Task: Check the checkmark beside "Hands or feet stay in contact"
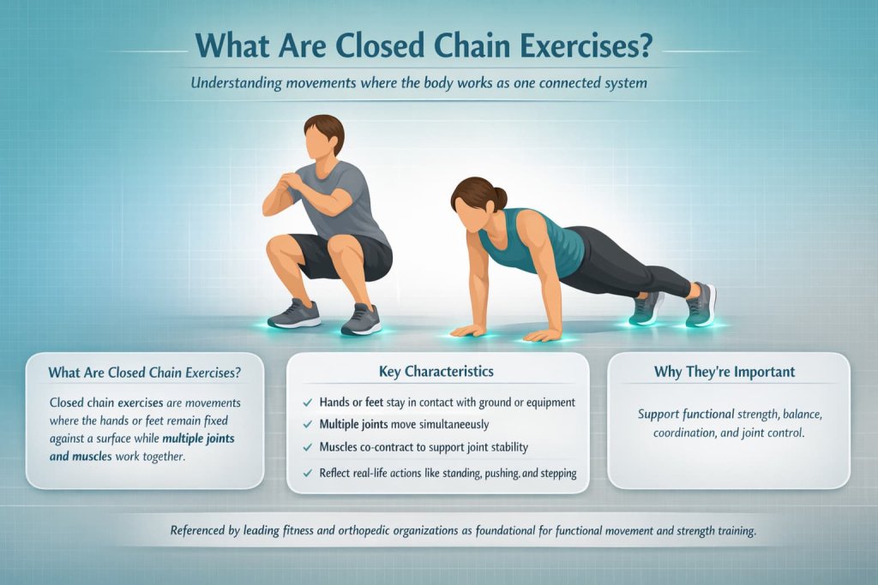(x=308, y=401)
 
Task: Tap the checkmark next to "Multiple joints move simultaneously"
(x=308, y=424)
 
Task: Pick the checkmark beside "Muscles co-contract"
(x=308, y=447)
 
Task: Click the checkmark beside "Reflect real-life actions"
(x=308, y=473)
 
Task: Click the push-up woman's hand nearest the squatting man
(x=468, y=330)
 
